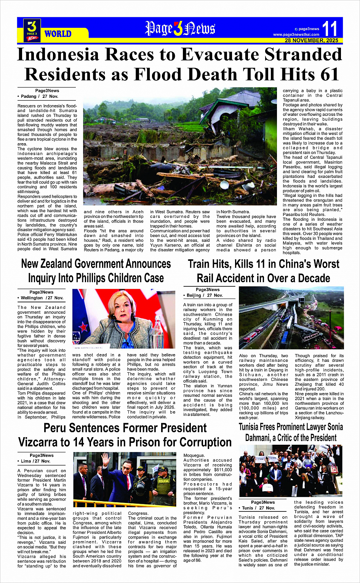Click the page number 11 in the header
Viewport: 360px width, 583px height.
point(330,29)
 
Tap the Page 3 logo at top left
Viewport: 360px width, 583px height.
point(32,30)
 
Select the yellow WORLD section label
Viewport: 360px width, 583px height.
point(58,34)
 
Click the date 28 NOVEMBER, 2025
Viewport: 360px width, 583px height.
point(311,40)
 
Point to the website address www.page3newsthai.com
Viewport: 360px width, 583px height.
point(296,35)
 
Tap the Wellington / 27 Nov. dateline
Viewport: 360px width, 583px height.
point(41,298)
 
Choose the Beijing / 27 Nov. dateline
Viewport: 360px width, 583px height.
point(205,295)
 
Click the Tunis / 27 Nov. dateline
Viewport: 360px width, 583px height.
point(258,508)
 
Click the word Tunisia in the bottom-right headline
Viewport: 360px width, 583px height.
point(252,427)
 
